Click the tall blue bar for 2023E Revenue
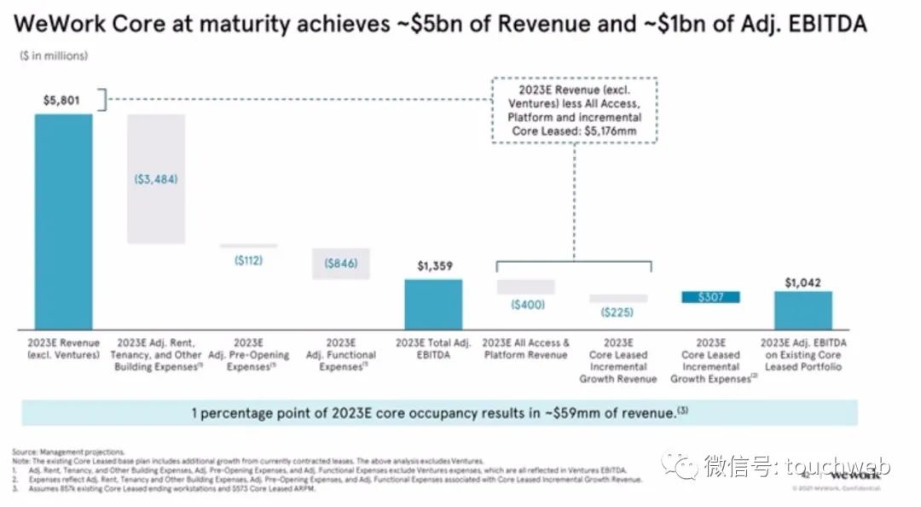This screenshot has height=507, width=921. coord(63,222)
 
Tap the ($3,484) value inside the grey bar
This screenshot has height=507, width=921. coord(155,180)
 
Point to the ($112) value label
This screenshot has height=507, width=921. coord(248,260)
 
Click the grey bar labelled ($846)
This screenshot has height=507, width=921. coord(340,264)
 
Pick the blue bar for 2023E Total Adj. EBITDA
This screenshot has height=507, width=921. coord(433,305)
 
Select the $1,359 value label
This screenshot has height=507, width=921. coord(433,266)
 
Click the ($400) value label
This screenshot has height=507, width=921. coord(528,305)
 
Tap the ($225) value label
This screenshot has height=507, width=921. coord(618,312)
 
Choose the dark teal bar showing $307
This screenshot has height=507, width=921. coord(711,297)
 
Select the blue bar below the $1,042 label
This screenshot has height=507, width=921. coord(803,311)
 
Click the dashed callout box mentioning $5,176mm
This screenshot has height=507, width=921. coord(575,111)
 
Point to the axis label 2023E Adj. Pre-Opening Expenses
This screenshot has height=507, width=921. coord(248,355)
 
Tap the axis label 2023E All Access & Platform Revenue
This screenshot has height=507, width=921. coord(526,349)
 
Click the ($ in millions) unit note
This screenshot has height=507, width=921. coord(53,56)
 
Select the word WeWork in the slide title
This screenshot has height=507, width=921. coord(59,25)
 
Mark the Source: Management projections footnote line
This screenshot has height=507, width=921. coord(68,451)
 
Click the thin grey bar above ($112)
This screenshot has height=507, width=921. coord(248,246)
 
